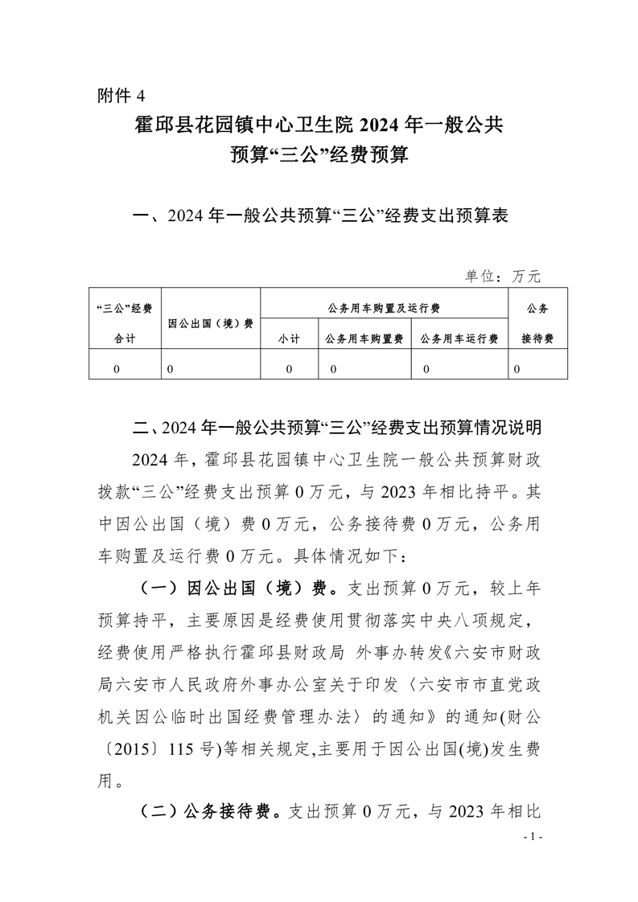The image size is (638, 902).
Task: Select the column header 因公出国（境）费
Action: [211, 323]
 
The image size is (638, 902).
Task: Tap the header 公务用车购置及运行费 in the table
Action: [384, 307]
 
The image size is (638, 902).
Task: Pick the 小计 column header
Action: [289, 339]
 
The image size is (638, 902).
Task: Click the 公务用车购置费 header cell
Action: [364, 339]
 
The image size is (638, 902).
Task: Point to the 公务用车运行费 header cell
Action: [459, 339]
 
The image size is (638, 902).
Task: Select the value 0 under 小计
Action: [289, 369]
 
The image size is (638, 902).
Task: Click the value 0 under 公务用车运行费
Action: [426, 369]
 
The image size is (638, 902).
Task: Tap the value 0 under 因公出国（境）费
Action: [171, 369]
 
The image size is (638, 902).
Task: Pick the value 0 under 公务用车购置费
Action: [333, 369]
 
